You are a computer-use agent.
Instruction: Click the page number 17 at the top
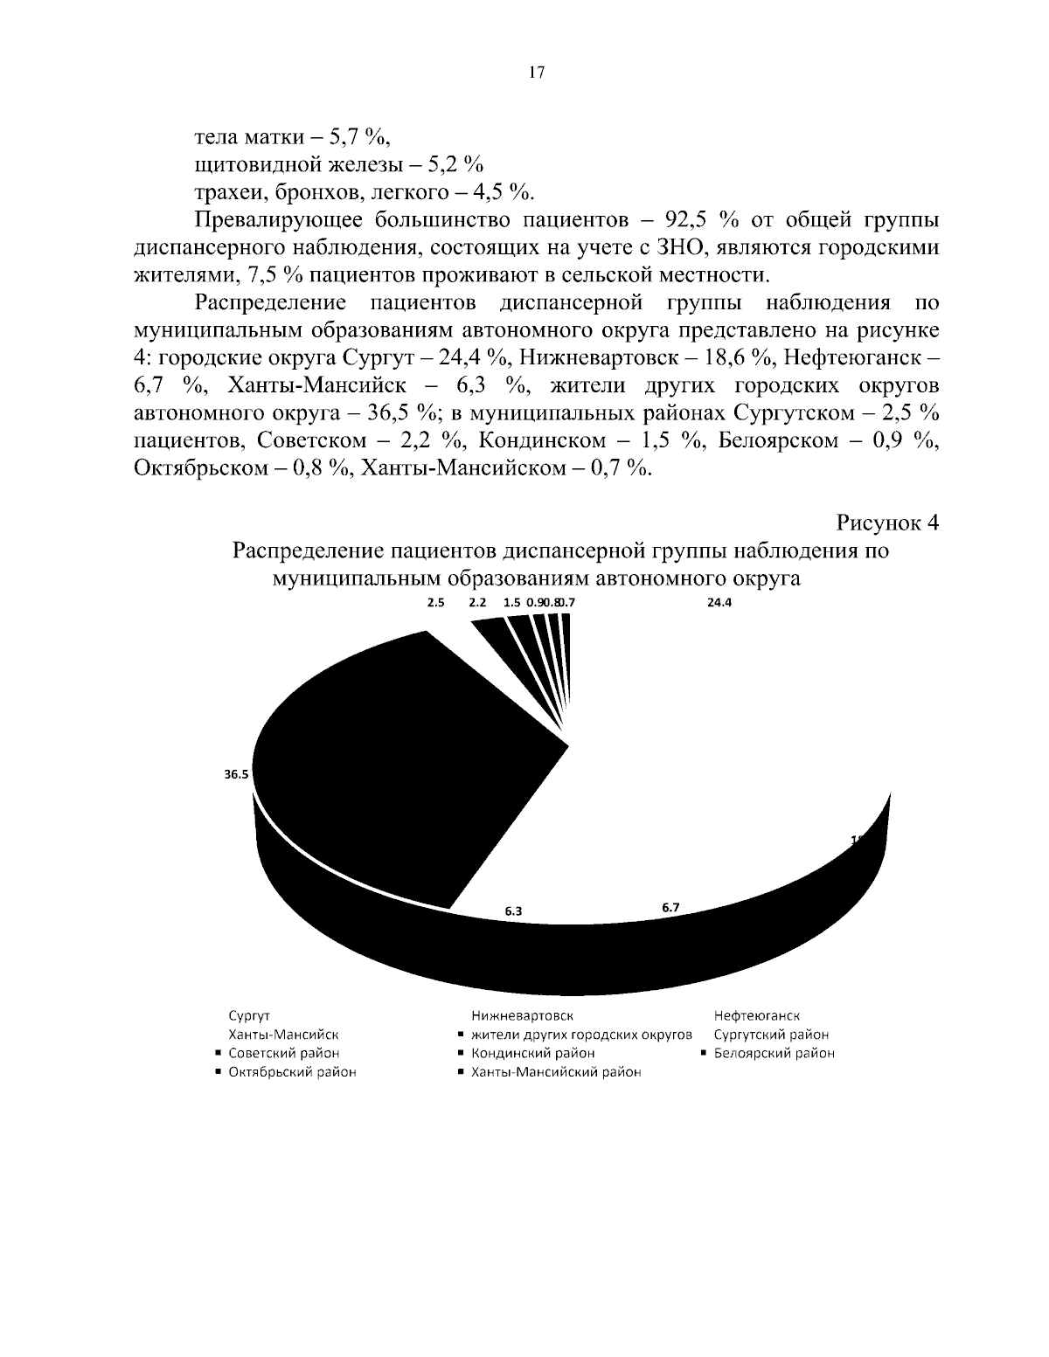pyautogui.click(x=537, y=73)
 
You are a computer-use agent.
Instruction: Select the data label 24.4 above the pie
pyautogui.click(x=719, y=602)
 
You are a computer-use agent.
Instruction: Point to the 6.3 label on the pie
pyautogui.click(x=513, y=911)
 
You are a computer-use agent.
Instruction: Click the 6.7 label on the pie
pyautogui.click(x=670, y=908)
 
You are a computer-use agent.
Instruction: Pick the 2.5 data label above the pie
pyautogui.click(x=436, y=602)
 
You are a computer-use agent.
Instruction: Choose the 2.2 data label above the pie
pyautogui.click(x=478, y=602)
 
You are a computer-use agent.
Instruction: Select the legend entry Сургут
pyautogui.click(x=249, y=1015)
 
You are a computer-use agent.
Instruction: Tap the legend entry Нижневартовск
pyautogui.click(x=522, y=1015)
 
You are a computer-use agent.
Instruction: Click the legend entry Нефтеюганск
pyautogui.click(x=756, y=1015)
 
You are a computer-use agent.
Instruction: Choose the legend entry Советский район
pyautogui.click(x=283, y=1053)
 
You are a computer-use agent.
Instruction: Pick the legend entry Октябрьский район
pyautogui.click(x=292, y=1072)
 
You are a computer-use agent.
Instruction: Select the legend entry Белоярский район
pyautogui.click(x=774, y=1053)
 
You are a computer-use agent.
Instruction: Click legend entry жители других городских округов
pyautogui.click(x=581, y=1035)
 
